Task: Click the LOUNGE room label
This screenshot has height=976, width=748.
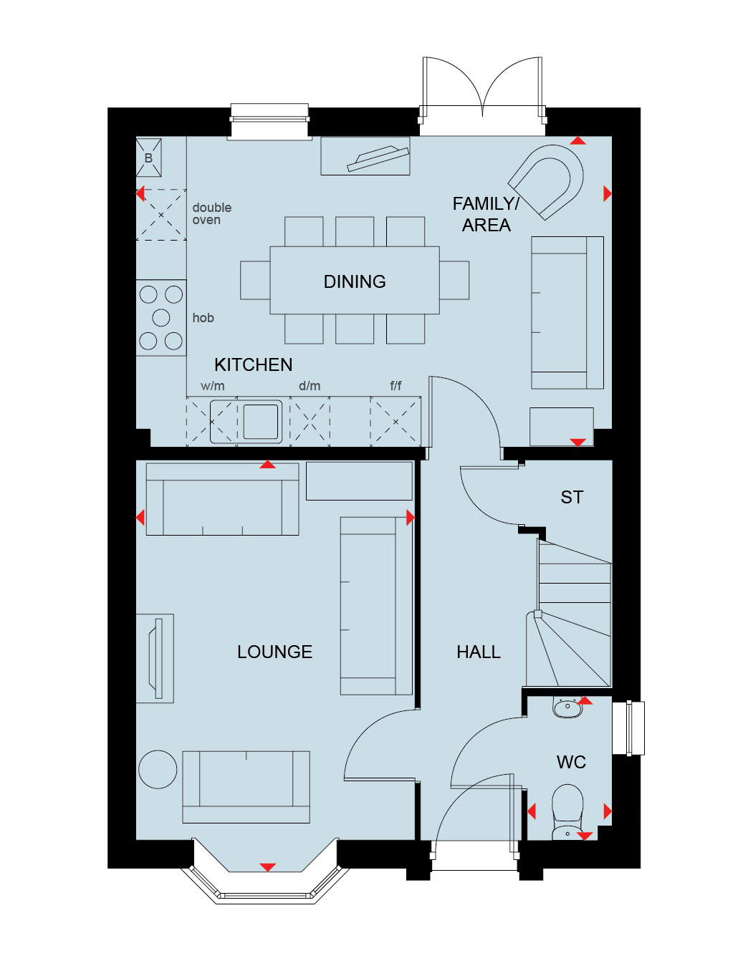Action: pos(274,652)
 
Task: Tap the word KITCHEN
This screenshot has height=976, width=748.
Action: pos(253,364)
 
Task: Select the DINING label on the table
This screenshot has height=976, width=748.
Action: pos(355,281)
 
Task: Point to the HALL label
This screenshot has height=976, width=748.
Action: pos(478,652)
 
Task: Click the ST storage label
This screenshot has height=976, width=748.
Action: pos(572,497)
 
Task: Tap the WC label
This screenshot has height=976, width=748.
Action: pos(571,762)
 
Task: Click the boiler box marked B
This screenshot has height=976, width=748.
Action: pos(148,158)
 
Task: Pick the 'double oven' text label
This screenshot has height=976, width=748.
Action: pos(211,213)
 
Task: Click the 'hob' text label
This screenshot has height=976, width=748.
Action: pos(203,317)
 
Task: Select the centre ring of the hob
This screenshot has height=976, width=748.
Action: pos(160,317)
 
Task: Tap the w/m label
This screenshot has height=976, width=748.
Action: pos(213,386)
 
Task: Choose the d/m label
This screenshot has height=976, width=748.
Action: pos(310,386)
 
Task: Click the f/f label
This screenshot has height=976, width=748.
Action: pos(395,385)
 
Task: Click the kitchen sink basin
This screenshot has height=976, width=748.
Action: pos(260,421)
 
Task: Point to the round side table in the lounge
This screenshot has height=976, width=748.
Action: pos(158,769)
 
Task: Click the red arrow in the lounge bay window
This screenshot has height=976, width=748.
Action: pos(267,867)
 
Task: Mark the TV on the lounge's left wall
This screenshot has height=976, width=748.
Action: pos(155,659)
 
